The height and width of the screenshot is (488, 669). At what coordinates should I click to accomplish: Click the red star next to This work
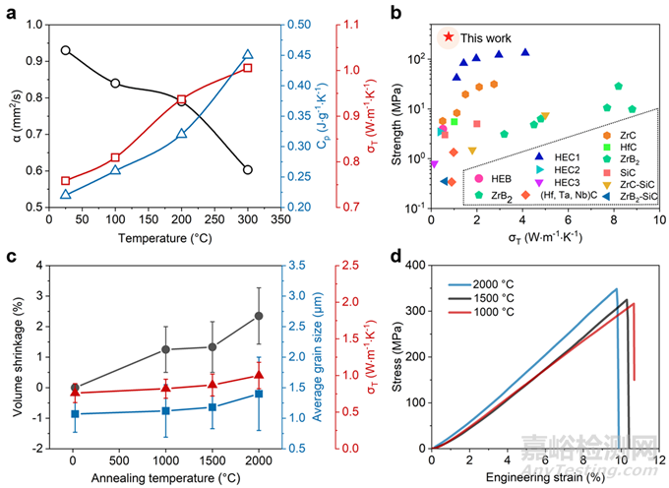[449, 36]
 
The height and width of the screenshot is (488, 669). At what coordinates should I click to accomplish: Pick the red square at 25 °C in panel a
[65, 181]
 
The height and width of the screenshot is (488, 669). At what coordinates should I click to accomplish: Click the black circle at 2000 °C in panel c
[258, 316]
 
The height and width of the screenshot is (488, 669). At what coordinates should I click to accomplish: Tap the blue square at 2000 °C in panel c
[258, 394]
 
